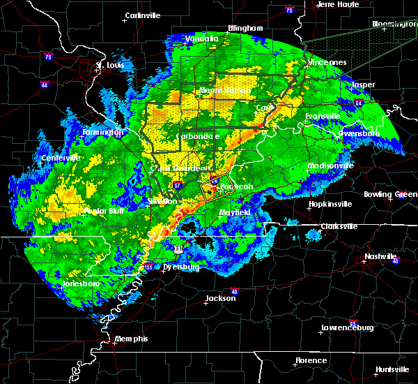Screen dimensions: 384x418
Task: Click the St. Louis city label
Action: pyautogui.click(x=109, y=66)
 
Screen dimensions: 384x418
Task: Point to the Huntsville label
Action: pyautogui.click(x=393, y=369)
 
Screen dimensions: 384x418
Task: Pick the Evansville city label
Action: pyautogui.click(x=323, y=116)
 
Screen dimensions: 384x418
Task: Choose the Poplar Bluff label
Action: pyautogui.click(x=88, y=211)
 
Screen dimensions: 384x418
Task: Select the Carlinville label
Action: pyautogui.click(x=144, y=15)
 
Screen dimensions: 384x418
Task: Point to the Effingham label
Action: pyautogui.click(x=245, y=29)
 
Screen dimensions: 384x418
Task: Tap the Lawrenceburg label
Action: pyautogui.click(x=348, y=327)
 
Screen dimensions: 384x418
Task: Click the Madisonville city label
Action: pyautogui.click(x=331, y=166)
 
